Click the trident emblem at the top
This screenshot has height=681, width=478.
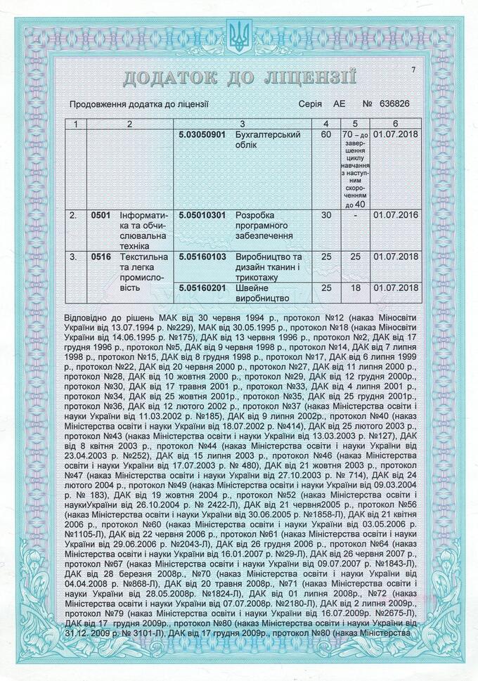pos(240,36)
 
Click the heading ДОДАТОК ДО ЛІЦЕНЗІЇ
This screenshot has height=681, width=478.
pos(240,77)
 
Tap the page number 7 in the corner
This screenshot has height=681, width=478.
pos(414,69)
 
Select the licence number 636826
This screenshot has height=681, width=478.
pos(394,104)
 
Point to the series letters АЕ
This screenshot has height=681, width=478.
pos(340,104)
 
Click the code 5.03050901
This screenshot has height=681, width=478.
pos(202,134)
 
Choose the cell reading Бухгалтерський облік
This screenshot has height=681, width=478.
pos(267,139)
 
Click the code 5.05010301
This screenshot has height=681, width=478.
pos(202,215)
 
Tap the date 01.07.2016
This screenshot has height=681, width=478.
pos(396,215)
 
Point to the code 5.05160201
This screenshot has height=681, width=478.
pos(202,287)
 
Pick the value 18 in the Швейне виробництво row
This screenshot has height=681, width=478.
pos(355,287)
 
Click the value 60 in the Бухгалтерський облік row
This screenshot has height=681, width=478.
pos(325,134)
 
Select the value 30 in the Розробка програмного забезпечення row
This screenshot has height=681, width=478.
pos(325,215)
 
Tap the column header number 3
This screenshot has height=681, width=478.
pos(242,124)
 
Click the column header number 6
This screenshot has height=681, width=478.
pos(396,124)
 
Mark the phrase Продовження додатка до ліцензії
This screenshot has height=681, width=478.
pos(138,104)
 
